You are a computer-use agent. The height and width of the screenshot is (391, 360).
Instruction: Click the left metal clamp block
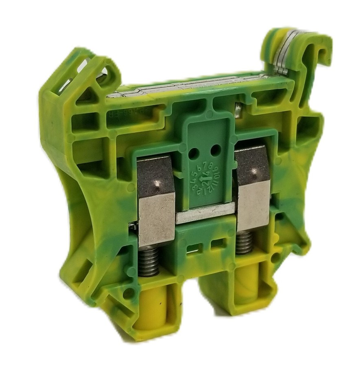coord(156,202)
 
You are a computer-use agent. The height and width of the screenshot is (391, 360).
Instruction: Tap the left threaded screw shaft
coord(149,260)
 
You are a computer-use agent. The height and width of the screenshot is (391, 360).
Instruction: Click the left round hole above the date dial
coord(194,154)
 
